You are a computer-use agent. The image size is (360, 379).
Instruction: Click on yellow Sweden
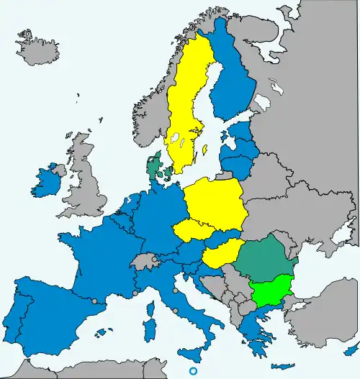[189, 108]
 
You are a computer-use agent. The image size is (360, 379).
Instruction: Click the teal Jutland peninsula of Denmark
[153, 168]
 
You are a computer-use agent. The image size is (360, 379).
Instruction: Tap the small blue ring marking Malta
[193, 370]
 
